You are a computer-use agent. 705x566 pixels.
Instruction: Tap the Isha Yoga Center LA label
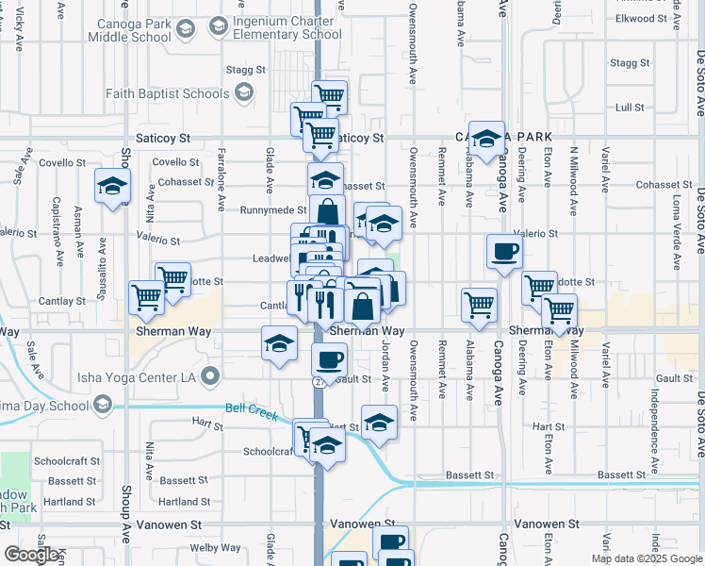coord(142,377)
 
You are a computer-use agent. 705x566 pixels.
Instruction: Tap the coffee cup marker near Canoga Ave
coord(504,252)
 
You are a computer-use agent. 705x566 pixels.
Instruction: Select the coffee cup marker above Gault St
coord(329,358)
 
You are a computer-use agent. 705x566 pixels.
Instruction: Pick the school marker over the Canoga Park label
coord(486,141)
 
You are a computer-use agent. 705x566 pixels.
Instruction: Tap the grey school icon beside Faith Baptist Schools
coord(244,92)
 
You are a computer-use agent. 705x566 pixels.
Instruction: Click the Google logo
coord(31,555)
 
